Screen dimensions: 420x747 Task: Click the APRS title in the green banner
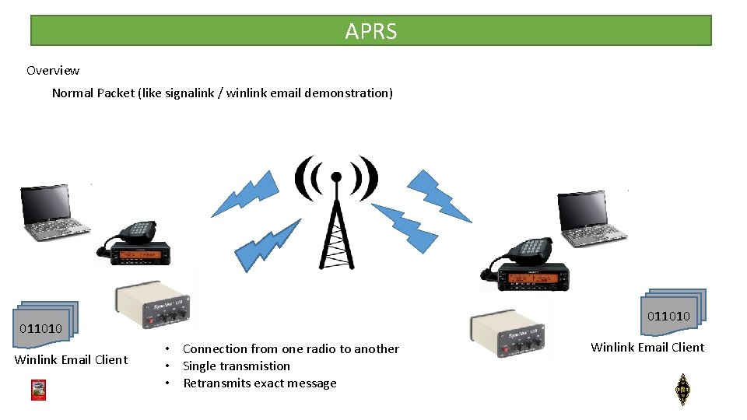371,31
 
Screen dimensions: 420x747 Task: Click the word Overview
53,71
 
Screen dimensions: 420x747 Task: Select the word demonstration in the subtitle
349,93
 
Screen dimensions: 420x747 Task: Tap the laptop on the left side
54,210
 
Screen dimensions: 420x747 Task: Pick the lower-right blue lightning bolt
405,226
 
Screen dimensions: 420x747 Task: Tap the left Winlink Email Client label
71,359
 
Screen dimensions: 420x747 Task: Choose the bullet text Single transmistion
236,366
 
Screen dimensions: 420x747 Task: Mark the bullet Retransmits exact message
259,383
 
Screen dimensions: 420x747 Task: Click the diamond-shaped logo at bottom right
682,389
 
